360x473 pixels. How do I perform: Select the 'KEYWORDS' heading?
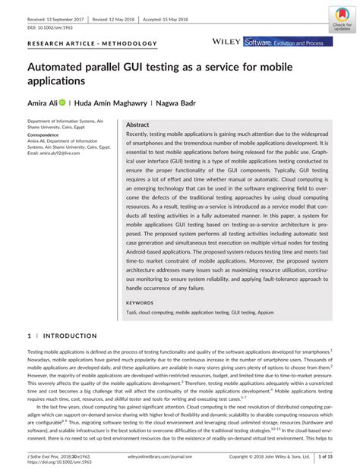139,302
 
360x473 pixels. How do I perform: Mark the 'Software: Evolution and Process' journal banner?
289,43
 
